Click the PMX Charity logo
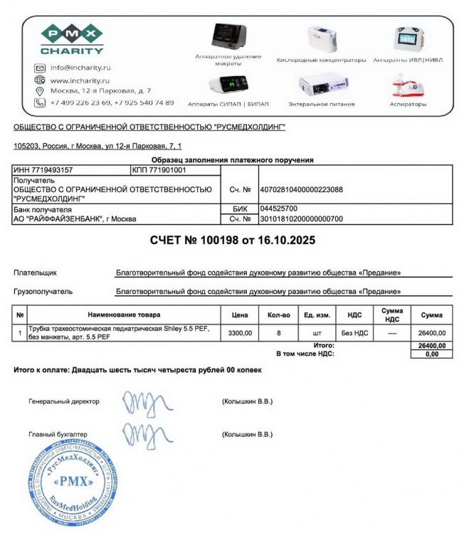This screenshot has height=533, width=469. pos(70,39)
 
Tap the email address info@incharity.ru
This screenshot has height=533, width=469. pos(80,68)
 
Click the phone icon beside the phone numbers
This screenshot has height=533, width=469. pos(40,102)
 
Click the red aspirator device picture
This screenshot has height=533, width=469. pos(407,85)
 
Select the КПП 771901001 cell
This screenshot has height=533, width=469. pos(159,171)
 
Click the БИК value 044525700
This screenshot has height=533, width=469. pos(278,209)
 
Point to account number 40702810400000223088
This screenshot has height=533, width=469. pos(302,190)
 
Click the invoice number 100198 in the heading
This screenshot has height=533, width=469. pos(216,241)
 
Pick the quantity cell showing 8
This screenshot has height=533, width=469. pos(278,332)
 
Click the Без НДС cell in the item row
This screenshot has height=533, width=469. pos(354,332)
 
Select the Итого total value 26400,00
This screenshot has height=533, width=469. pos(431,346)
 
